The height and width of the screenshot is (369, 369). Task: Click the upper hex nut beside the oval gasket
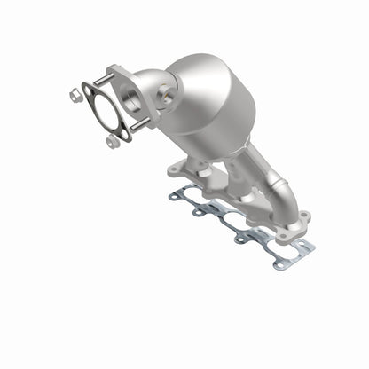[74, 92]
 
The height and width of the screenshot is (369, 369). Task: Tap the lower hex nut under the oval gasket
[111, 141]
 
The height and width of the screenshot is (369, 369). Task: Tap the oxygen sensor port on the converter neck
[165, 90]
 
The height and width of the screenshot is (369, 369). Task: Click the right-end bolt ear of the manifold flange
[304, 216]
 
